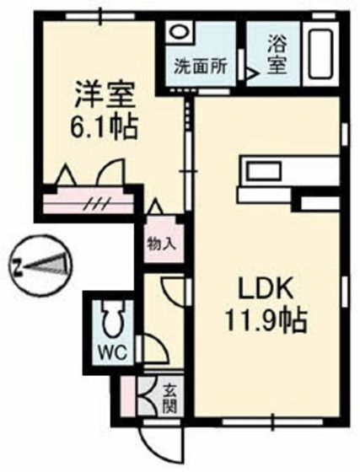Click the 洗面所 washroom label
(199, 64)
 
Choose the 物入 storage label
(160, 244)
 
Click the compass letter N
(17, 269)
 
